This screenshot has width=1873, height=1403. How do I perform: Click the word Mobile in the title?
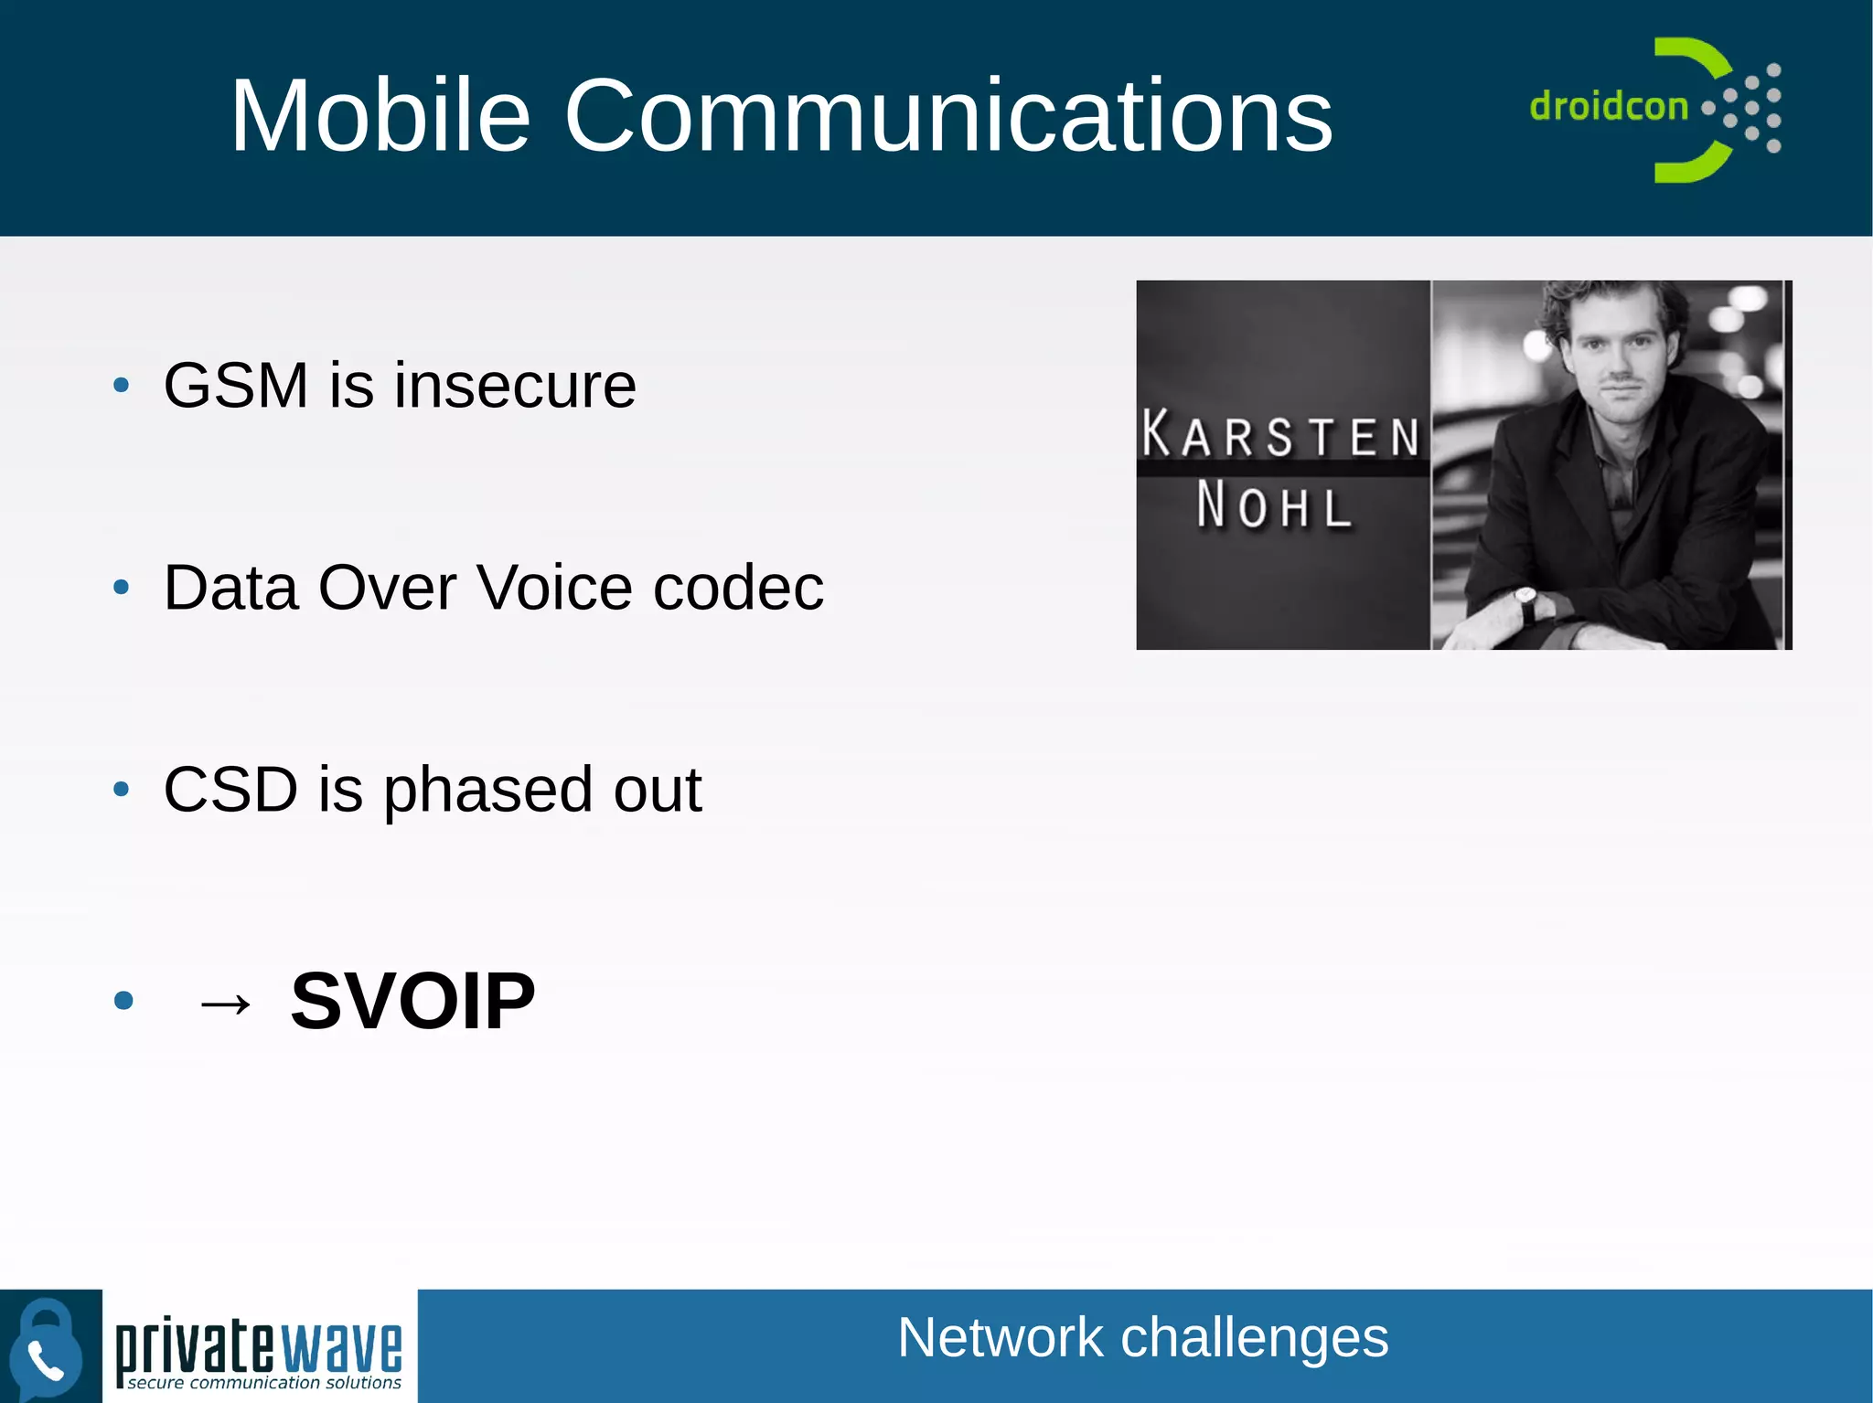(380, 115)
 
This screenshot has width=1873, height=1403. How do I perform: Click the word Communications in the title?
(948, 115)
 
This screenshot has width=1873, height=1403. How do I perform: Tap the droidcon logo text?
(1608, 106)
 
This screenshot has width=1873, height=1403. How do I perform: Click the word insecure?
(515, 385)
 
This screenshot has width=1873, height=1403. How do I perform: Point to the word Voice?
(554, 587)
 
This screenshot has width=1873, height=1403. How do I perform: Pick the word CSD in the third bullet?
(230, 789)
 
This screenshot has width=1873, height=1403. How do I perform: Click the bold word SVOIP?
(412, 1001)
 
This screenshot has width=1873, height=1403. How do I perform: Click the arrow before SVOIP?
(225, 1004)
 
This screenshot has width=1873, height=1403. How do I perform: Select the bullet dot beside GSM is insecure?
(122, 385)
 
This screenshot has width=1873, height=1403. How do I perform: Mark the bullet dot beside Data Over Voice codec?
(122, 587)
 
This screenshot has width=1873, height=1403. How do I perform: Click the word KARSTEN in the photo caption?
(1281, 435)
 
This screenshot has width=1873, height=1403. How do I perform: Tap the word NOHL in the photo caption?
(1274, 505)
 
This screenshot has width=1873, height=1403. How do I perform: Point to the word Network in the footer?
(1000, 1338)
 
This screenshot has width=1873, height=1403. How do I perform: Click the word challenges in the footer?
(1254, 1338)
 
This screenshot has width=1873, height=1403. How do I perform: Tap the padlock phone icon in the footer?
(46, 1347)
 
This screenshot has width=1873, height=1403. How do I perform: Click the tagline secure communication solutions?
(264, 1383)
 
